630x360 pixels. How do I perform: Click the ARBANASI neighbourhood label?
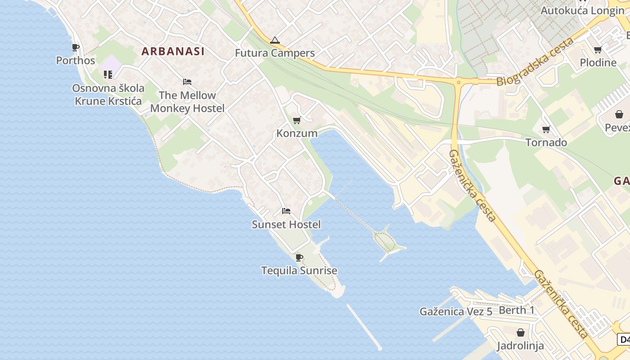173,51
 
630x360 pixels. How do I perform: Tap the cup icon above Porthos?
76,48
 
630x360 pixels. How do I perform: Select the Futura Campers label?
274,53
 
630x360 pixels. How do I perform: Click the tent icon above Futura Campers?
274,40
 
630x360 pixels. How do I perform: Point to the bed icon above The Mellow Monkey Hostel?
187,82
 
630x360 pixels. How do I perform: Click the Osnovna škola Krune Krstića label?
108,94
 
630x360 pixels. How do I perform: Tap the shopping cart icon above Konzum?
297,120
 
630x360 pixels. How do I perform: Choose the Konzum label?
297,133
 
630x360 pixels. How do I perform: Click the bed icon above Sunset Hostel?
286,211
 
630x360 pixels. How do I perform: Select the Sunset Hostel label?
286,225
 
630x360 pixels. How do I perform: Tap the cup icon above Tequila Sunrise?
299,257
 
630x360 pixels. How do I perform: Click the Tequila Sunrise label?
299,270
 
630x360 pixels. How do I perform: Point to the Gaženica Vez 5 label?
456,311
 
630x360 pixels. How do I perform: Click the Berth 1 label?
517,310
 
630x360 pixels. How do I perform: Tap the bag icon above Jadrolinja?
521,333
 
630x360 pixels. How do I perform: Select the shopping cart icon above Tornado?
546,130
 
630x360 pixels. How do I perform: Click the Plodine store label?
598,63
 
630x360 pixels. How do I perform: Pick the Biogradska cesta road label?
535,62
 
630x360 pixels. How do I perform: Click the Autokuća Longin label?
582,10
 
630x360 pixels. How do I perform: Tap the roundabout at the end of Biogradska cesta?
459,82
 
